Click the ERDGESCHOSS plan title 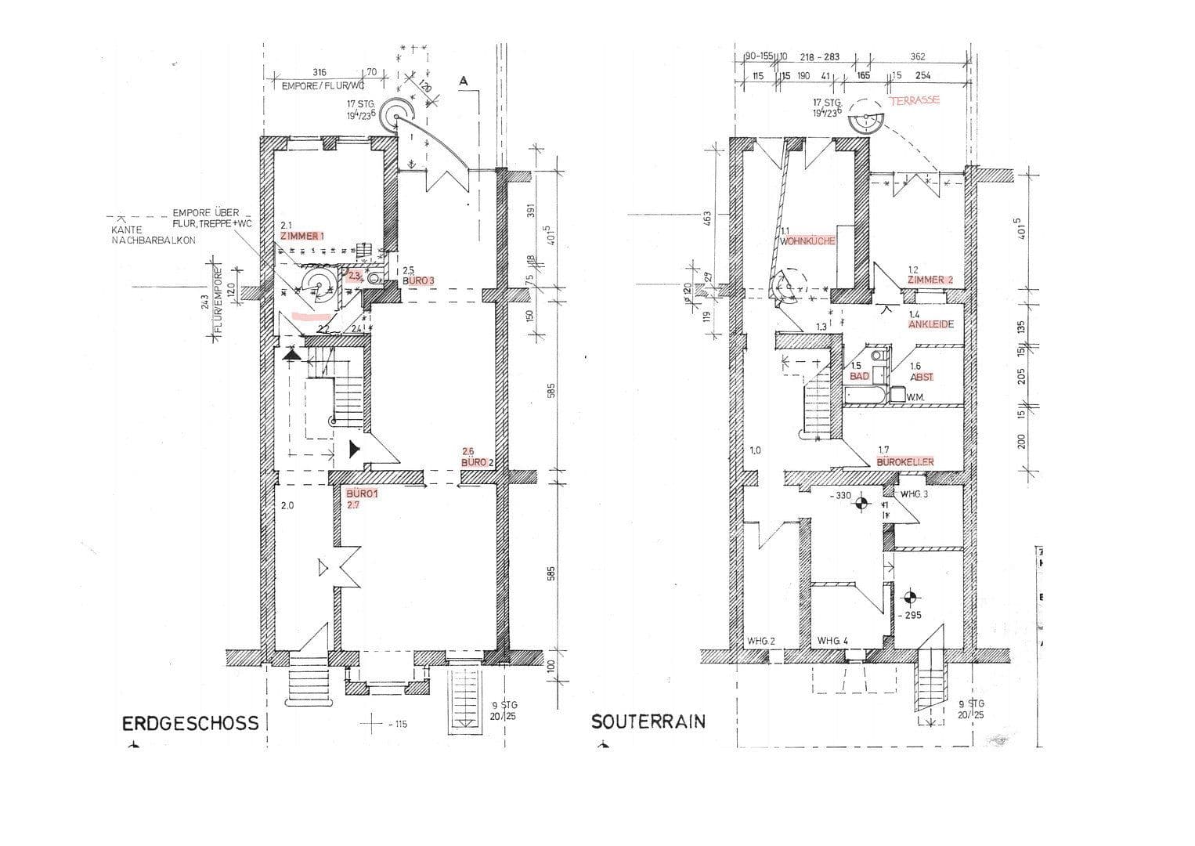190,722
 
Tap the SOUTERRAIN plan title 648,721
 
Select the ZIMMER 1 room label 301,236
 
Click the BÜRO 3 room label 417,280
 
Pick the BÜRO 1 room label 362,494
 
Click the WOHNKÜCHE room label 807,241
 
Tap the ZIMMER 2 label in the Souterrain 930,280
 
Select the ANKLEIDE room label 931,324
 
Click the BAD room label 860,377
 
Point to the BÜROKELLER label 905,462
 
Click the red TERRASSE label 914,101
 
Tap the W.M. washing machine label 915,398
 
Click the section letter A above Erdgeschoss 464,81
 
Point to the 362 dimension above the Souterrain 918,56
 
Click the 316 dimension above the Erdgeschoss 319,72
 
